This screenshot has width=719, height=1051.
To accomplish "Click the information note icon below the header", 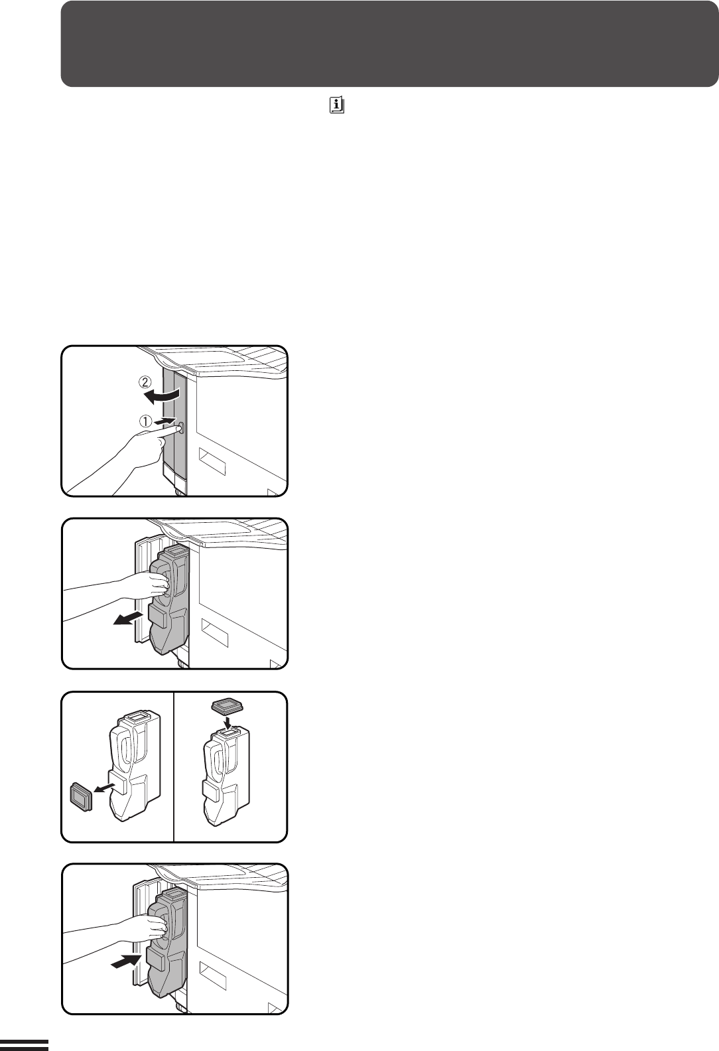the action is pos(337,105).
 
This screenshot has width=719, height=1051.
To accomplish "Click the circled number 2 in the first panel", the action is pos(145,383).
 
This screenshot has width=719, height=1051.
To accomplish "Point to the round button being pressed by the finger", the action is pos(181,428).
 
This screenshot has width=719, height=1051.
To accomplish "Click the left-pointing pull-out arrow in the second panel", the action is pos(128,618).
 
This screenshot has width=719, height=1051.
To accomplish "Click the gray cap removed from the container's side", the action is pos(81,796).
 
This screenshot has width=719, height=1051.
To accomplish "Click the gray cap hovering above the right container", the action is pos(227,705).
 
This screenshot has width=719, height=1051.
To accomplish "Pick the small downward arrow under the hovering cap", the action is pos(227,718).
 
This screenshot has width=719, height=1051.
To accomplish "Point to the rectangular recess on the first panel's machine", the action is pos(212,460).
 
